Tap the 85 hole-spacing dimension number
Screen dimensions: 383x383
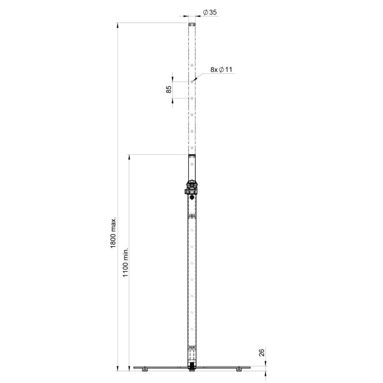click(169, 90)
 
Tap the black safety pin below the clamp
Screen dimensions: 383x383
click(191, 198)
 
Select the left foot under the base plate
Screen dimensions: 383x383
click(144, 370)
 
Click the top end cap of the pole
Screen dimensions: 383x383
click(191, 24)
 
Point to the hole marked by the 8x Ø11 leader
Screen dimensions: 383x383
click(191, 81)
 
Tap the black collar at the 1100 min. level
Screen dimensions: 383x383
click(191, 155)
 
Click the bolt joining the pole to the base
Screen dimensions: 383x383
click(191, 368)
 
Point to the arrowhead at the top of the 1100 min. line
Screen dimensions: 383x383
click(129, 156)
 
